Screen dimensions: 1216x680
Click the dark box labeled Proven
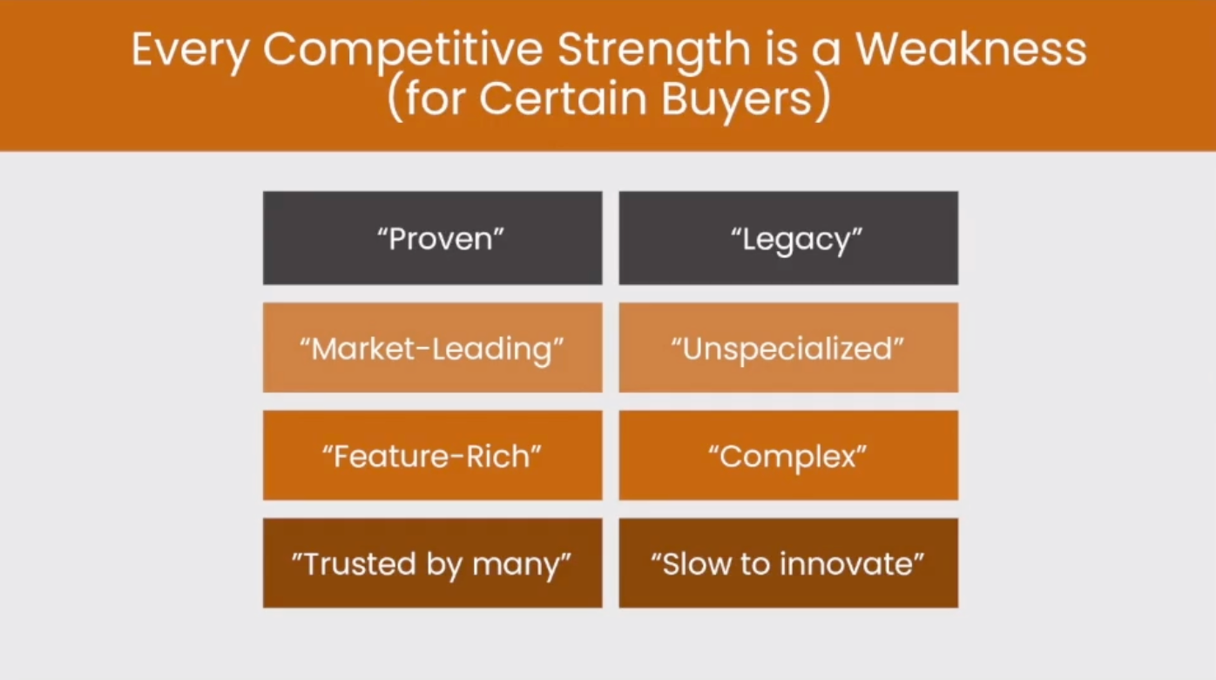click(433, 238)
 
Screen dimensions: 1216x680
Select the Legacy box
click(789, 238)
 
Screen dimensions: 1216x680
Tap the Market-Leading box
click(433, 348)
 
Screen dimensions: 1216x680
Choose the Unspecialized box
click(789, 348)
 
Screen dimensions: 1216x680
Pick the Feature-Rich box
click(433, 455)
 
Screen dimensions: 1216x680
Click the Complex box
click(789, 455)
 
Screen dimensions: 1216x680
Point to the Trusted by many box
click(433, 562)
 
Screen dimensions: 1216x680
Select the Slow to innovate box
click(789, 562)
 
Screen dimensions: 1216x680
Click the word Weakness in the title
click(971, 50)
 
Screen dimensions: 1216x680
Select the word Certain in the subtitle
click(563, 99)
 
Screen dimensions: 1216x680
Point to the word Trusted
click(360, 563)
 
